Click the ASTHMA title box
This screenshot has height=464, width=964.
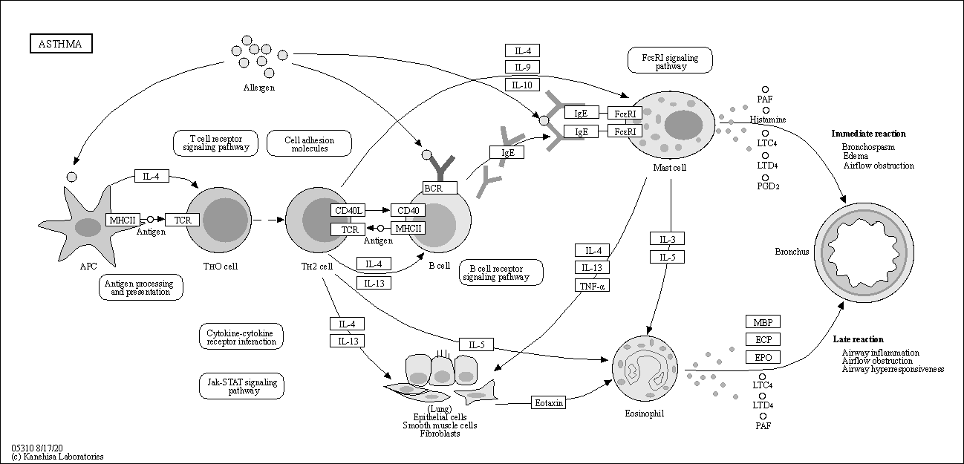point(61,44)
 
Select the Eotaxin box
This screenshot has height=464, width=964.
point(549,402)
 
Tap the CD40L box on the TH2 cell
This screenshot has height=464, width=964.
point(348,210)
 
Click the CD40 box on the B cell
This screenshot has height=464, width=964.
point(408,210)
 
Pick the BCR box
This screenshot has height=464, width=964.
point(440,188)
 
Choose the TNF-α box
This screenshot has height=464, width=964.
point(592,286)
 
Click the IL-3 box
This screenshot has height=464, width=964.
point(667,239)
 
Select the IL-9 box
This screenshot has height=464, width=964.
point(522,67)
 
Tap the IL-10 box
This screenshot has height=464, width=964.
point(522,85)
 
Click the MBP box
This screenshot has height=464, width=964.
point(763,321)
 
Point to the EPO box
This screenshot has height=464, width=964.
point(763,357)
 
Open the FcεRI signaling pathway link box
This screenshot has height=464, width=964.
point(670,61)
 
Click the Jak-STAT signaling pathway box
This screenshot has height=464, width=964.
point(241,386)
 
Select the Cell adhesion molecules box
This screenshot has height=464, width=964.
point(309,143)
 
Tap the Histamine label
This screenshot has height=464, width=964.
point(768,119)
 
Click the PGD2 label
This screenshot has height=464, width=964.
point(768,186)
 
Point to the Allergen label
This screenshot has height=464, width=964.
point(258,88)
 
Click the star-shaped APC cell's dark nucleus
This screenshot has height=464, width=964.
point(88,227)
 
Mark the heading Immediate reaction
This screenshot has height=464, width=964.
point(868,134)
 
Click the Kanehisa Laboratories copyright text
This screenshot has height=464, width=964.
point(58,457)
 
